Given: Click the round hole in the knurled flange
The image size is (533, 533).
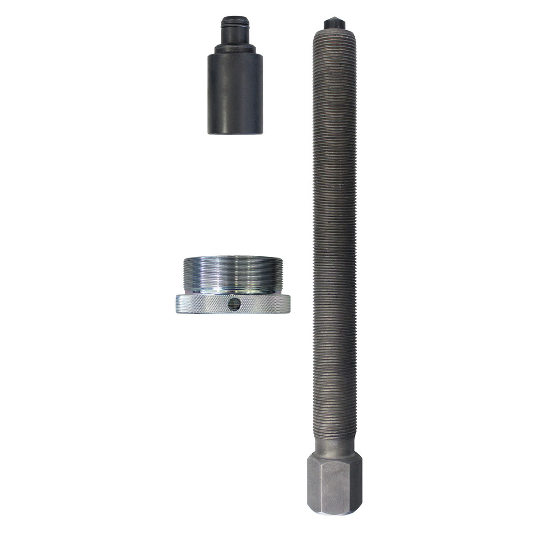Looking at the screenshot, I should click(x=233, y=304).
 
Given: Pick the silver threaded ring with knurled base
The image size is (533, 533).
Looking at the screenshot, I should click(x=233, y=284).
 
